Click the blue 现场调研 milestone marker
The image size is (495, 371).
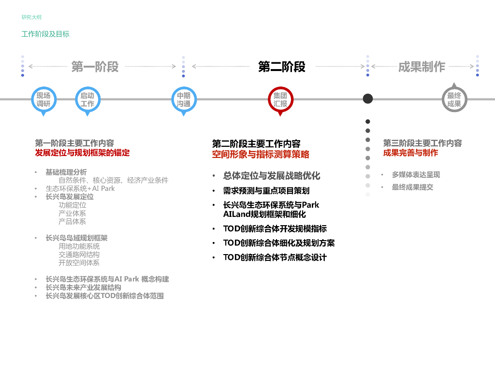pos(44,100)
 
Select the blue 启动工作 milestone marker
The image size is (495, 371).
pos(87,100)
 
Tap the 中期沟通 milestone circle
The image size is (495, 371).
pos(184,100)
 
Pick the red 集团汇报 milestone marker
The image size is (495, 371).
pos(280,100)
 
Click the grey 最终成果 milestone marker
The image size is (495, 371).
pos(454,100)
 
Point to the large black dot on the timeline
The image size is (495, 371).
pos(368,99)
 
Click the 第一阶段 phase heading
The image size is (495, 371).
pos(95,67)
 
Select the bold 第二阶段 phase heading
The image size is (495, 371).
pos(282,67)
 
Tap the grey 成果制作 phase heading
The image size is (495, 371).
pos(422,67)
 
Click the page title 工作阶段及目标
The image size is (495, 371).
pos(45,34)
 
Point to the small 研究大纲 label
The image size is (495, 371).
pos(31,17)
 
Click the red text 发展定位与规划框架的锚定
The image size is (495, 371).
pos(82,153)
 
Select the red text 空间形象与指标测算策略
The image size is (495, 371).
pos(261,155)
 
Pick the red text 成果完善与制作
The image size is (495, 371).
pos(410,153)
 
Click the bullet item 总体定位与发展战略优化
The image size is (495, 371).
pos(272,176)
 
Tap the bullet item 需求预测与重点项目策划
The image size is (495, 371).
pos(266,191)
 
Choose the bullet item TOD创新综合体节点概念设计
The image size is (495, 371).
pos(275,257)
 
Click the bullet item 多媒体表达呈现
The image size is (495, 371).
pos(416,175)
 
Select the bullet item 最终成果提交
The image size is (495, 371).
pos(412,187)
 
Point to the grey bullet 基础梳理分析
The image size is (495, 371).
pos(66,172)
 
